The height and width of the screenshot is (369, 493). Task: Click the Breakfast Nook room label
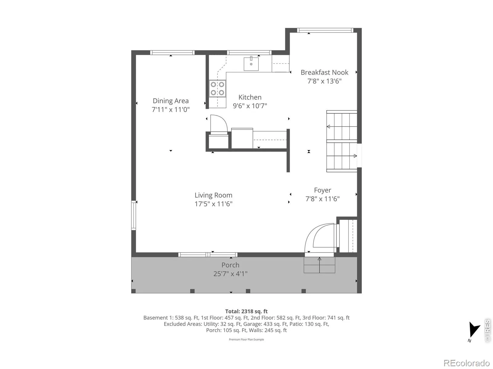coord(324,72)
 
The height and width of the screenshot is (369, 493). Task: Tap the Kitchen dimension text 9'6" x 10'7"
coord(250,106)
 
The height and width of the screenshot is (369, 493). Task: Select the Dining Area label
coord(170,101)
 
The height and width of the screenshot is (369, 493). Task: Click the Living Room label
coord(213,195)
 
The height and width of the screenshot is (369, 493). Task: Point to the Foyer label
coord(322,190)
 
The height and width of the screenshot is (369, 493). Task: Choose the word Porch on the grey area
coord(230,265)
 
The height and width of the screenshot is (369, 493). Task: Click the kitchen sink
coord(251,64)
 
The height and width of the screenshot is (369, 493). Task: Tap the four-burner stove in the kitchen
coord(217,89)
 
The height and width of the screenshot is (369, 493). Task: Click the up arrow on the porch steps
coord(319,265)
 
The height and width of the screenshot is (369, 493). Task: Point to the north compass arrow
coord(474,330)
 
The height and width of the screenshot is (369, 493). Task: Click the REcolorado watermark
coord(466,363)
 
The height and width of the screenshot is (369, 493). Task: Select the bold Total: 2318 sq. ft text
coord(246,311)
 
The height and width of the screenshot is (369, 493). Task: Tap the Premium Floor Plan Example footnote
coord(246,339)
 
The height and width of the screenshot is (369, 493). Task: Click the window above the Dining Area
coord(172,53)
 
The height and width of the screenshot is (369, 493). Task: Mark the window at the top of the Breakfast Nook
coord(325,30)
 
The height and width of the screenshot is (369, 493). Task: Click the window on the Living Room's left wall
coord(133,215)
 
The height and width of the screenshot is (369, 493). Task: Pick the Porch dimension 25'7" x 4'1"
coord(230,274)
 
